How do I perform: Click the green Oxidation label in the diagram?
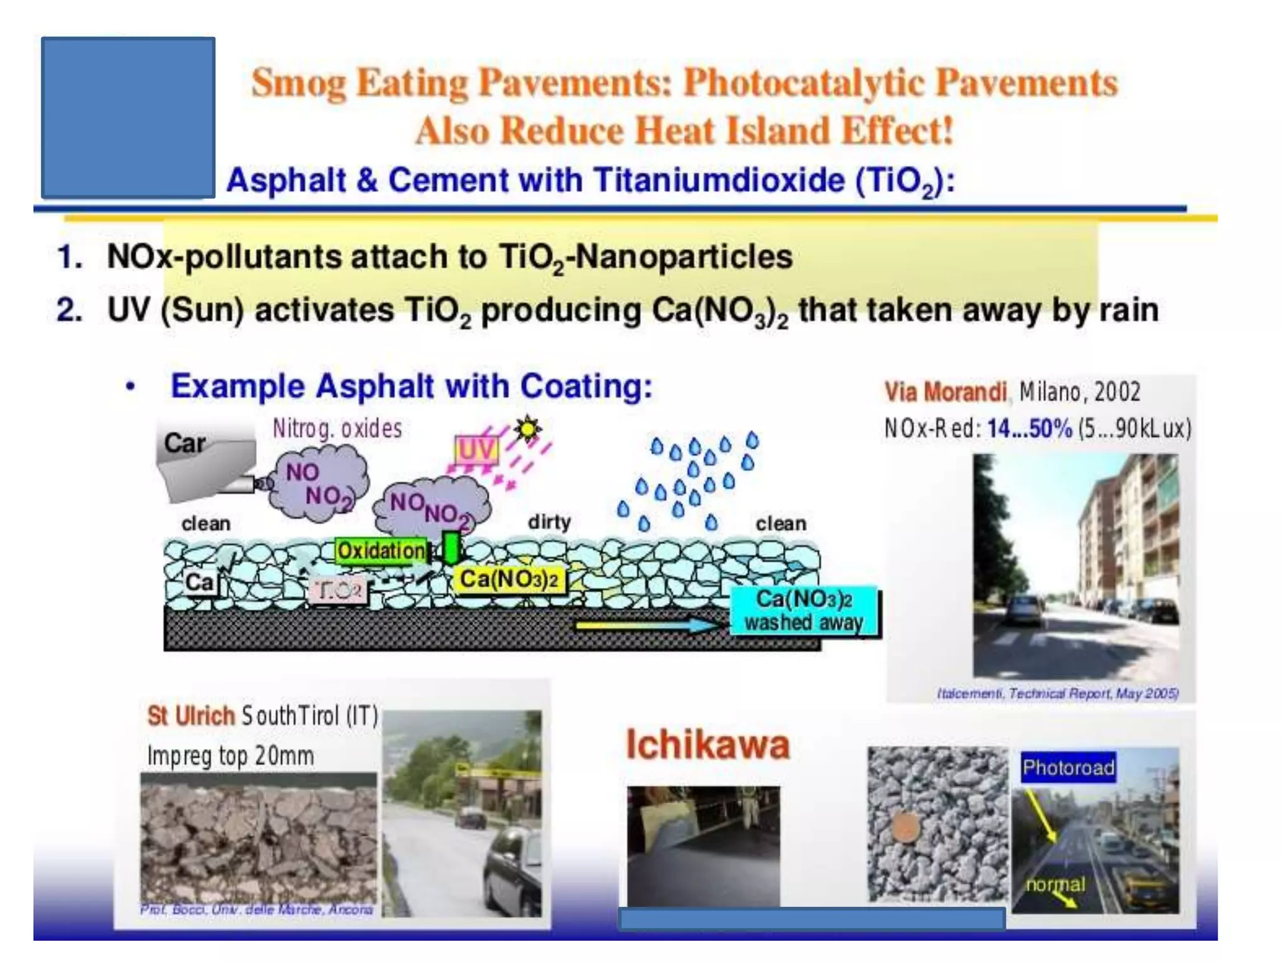[x=381, y=551]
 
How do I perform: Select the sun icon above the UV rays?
[x=528, y=429]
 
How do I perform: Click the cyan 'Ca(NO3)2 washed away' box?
[x=804, y=611]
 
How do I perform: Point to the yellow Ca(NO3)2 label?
[x=509, y=579]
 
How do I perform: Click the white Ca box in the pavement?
[x=200, y=582]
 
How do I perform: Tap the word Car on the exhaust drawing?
[x=185, y=443]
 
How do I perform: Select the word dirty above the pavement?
[x=549, y=522]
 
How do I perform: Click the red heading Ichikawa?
[x=708, y=745]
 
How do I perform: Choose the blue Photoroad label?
[x=1068, y=767]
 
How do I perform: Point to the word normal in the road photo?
[x=1055, y=884]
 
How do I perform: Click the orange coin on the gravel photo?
[x=904, y=827]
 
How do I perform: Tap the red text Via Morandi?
[x=945, y=392]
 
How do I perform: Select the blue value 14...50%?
[x=1030, y=429]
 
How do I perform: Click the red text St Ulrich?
[x=191, y=716]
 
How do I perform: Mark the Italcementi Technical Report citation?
[x=1057, y=693]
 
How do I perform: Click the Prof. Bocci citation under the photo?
[x=257, y=909]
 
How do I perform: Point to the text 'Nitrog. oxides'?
[x=337, y=429]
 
